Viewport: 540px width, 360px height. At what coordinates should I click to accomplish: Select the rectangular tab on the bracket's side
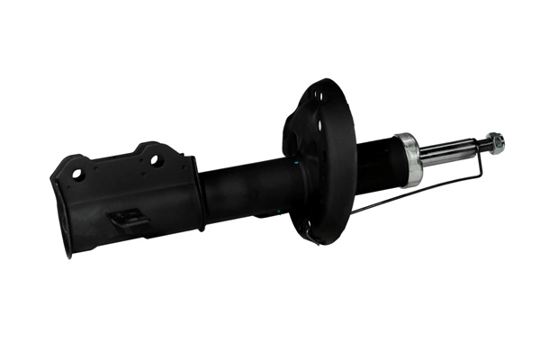coord(125,218)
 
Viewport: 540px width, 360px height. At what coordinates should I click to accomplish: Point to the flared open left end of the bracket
coord(61,207)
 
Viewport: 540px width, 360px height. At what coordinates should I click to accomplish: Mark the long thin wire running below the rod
coord(414,191)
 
